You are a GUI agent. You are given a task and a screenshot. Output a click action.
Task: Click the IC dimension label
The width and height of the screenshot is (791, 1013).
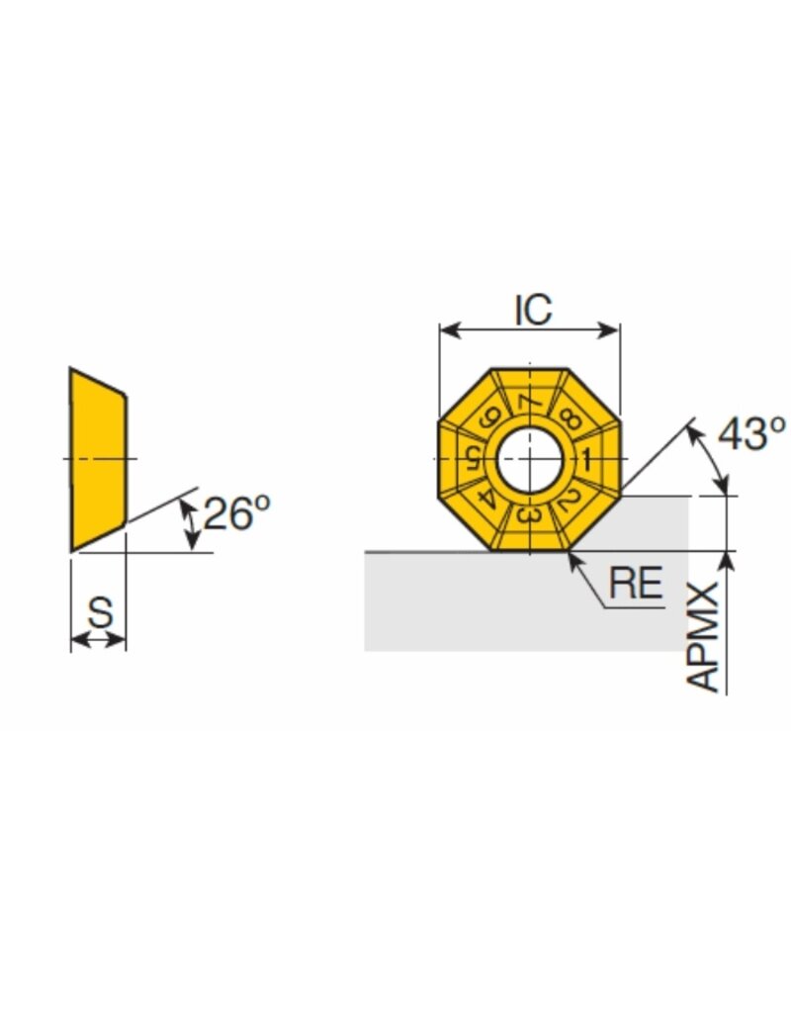point(533,310)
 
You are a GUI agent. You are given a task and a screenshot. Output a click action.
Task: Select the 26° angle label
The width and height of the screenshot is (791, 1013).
point(235,512)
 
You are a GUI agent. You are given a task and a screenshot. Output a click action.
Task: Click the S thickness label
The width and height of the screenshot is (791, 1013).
point(100,613)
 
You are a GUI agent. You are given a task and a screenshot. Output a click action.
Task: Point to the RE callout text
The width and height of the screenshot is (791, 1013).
point(635,584)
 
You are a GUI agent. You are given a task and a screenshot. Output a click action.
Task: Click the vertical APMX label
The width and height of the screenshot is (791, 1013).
point(704,637)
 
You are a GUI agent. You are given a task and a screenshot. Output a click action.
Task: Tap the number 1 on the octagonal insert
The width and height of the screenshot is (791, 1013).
point(586,460)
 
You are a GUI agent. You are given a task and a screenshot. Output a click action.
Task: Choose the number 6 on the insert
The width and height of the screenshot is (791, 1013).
point(488,417)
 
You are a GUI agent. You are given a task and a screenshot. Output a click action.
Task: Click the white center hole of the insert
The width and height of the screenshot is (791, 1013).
point(529,459)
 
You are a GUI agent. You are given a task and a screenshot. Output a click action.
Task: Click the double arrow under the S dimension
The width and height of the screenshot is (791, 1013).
point(99,640)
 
